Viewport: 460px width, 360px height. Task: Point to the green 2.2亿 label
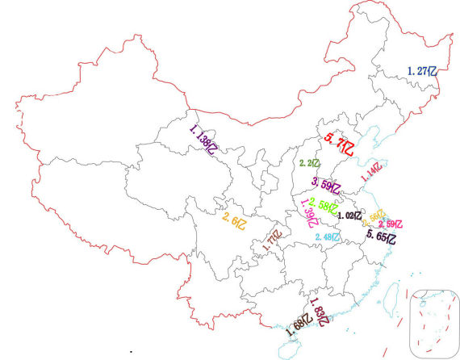click(310, 164)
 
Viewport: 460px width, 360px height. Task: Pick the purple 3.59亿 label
click(327, 186)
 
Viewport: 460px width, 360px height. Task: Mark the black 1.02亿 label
click(350, 216)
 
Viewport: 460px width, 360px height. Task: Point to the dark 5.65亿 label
click(382, 237)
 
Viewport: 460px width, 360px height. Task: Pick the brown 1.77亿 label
click(272, 243)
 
